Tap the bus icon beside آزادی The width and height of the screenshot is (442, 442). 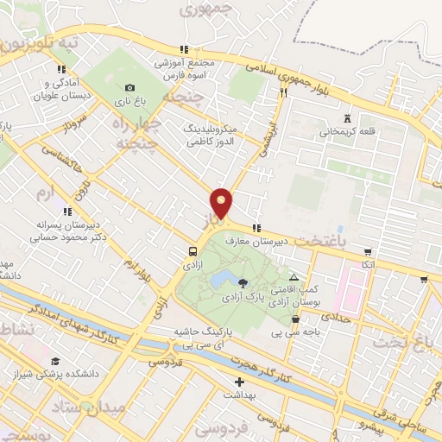pos(191,251)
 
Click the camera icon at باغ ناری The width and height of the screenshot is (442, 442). pos(129,87)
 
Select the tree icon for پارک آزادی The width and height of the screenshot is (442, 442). pos(242,282)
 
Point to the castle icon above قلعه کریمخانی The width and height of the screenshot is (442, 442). pos(347,118)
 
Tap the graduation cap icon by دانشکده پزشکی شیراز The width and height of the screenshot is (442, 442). pos(56,361)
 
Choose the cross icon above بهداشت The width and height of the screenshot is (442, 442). pos(239,381)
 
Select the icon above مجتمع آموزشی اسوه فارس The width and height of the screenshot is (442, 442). pos(183,49)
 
